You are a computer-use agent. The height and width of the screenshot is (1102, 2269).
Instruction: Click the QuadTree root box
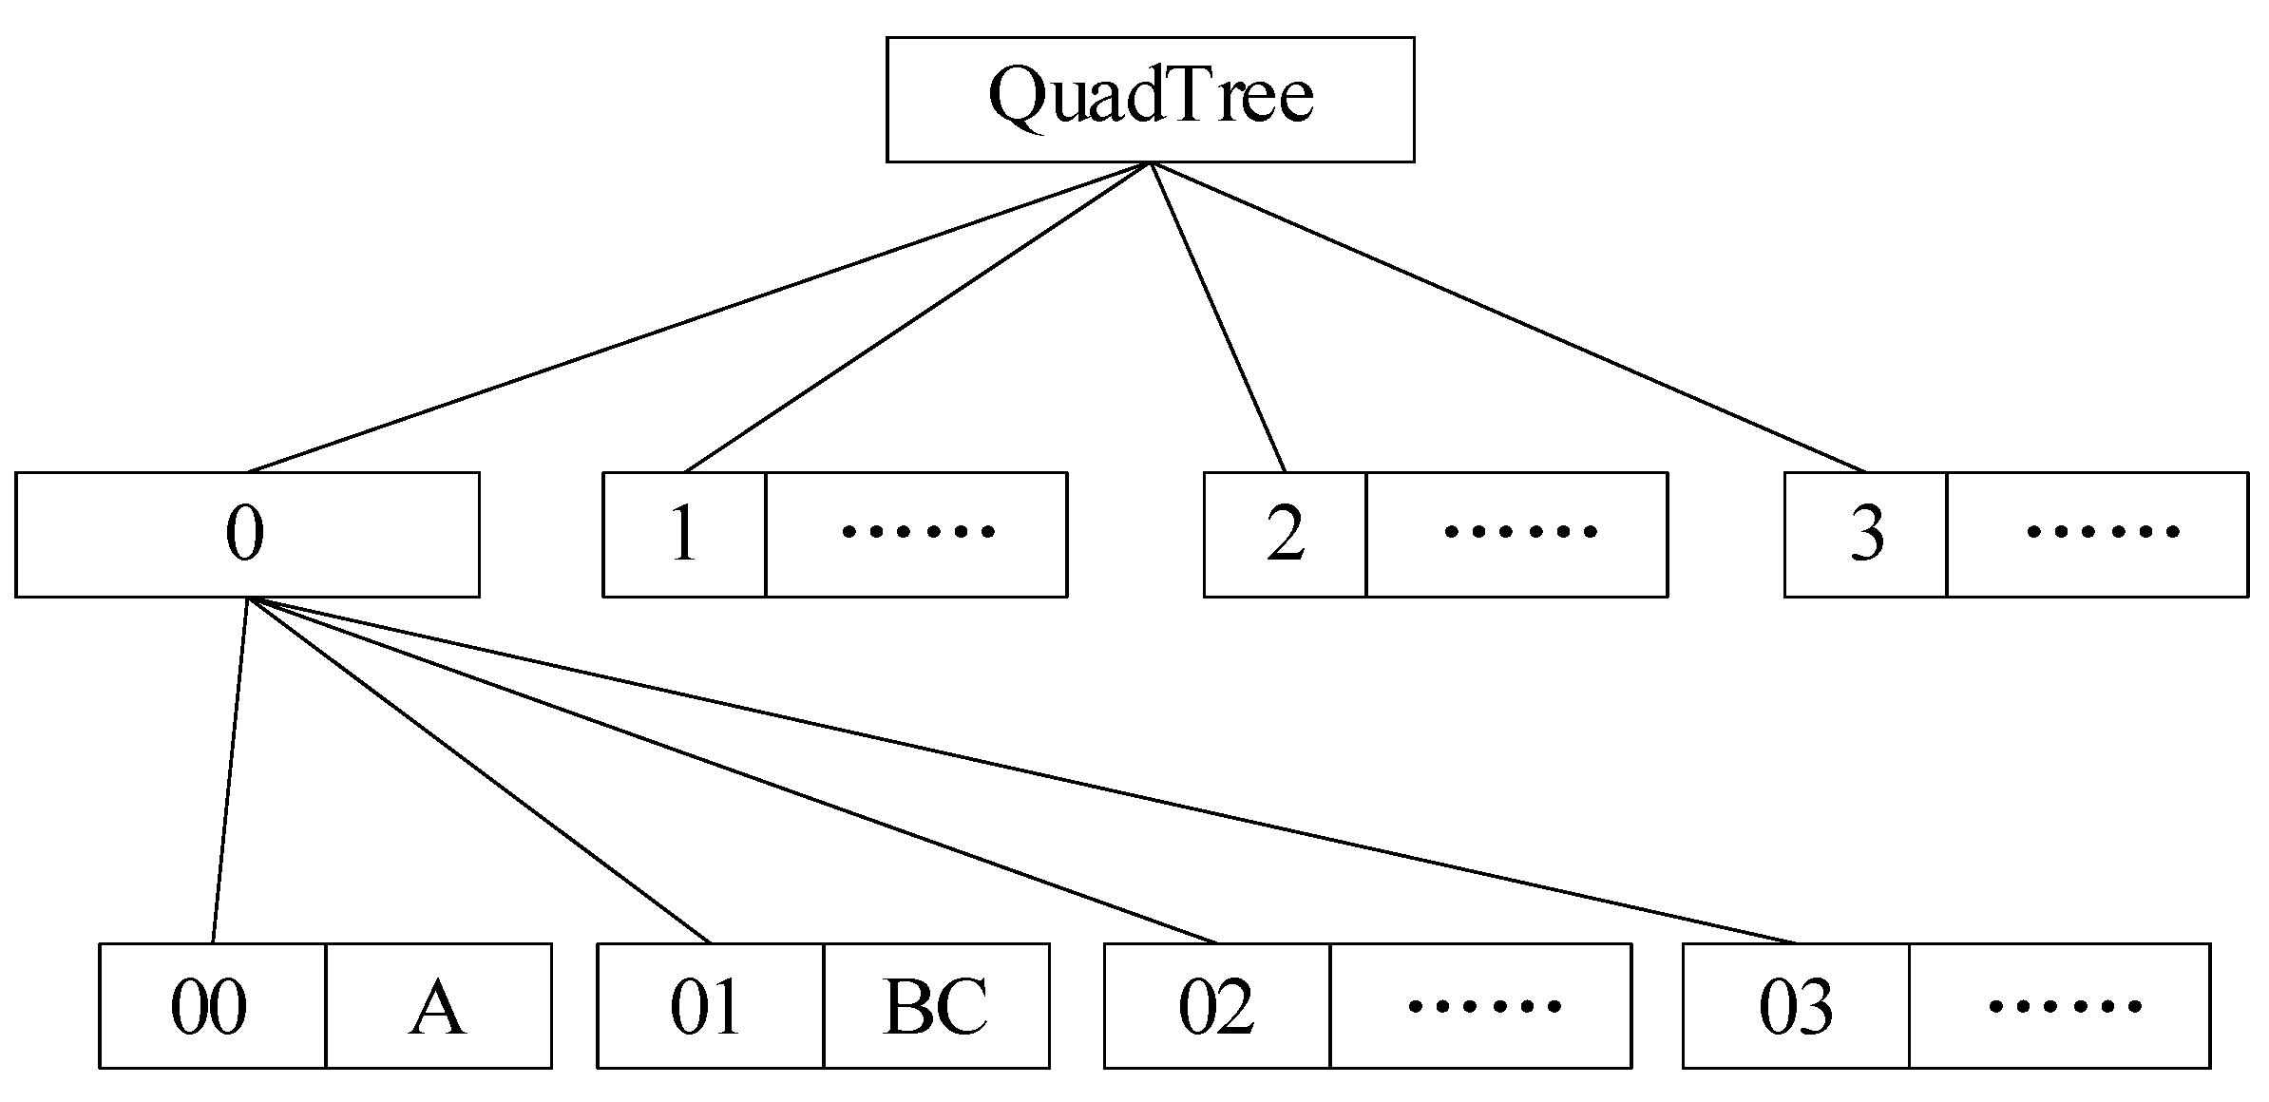(x=1150, y=99)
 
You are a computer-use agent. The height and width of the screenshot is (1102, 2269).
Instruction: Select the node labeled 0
(x=247, y=534)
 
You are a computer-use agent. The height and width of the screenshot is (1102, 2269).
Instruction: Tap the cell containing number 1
(x=684, y=534)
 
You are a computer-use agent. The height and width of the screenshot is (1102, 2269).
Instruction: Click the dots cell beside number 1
(x=916, y=534)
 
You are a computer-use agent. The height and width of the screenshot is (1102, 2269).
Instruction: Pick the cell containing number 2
(x=1285, y=534)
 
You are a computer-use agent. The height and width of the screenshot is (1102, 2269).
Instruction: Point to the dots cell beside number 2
(x=1516, y=534)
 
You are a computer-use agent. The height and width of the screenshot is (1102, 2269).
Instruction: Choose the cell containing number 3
(x=1865, y=534)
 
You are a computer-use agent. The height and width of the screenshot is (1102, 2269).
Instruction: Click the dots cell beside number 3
(x=2097, y=534)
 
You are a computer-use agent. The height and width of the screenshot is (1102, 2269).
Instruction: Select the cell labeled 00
(x=212, y=1005)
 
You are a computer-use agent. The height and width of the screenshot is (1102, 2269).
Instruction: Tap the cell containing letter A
(x=438, y=1005)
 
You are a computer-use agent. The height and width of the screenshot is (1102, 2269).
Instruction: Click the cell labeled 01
(x=710, y=1005)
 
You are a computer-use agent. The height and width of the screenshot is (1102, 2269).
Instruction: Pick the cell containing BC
(x=936, y=1005)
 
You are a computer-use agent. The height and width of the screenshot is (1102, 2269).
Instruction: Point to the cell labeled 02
(x=1216, y=1005)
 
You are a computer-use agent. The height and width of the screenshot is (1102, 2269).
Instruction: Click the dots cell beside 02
(x=1480, y=1005)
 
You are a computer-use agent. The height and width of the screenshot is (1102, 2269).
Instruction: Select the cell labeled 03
(x=1795, y=1005)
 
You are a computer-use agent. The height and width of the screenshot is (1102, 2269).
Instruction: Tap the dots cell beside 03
(x=2059, y=1005)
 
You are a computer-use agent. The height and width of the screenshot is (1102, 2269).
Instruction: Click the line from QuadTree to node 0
(x=698, y=317)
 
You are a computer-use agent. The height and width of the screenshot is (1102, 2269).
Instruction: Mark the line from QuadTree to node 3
(x=1508, y=317)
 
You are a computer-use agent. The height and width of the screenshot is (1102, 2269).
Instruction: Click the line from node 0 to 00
(x=229, y=771)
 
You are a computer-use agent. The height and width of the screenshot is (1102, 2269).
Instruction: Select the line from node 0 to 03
(x=1021, y=771)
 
